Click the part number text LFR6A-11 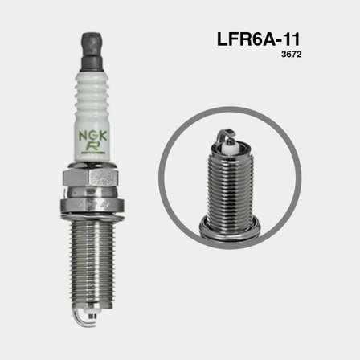tap(259, 39)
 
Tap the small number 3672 tap(292, 55)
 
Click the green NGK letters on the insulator tap(92, 137)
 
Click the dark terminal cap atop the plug tap(92, 51)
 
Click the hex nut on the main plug tap(91, 178)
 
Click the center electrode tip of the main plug tap(92, 316)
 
